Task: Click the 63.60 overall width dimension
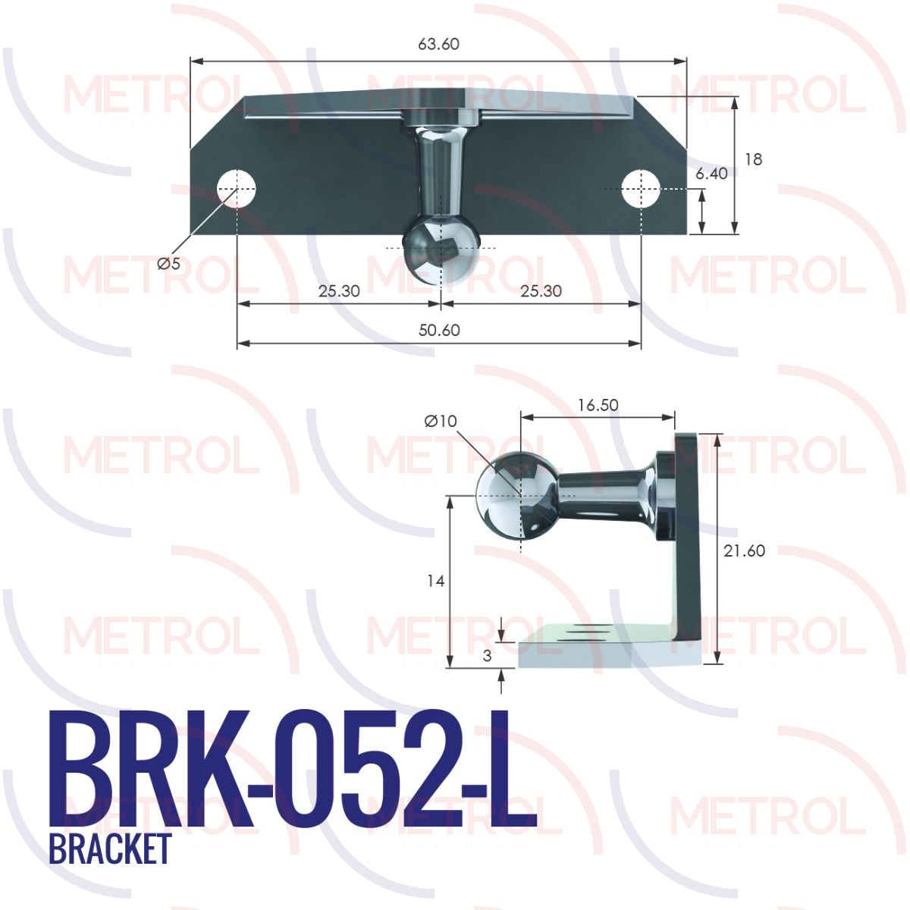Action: [x=438, y=44]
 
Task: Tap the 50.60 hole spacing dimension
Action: [x=439, y=330]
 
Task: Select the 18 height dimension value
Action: [x=753, y=159]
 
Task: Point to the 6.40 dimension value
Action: [x=711, y=174]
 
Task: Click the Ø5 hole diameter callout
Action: [x=168, y=263]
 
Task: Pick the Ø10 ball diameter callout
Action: [x=441, y=421]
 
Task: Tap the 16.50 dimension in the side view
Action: [x=598, y=405]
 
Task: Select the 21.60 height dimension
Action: [x=744, y=551]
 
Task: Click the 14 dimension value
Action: [x=435, y=582]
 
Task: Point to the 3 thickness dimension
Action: [x=488, y=655]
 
